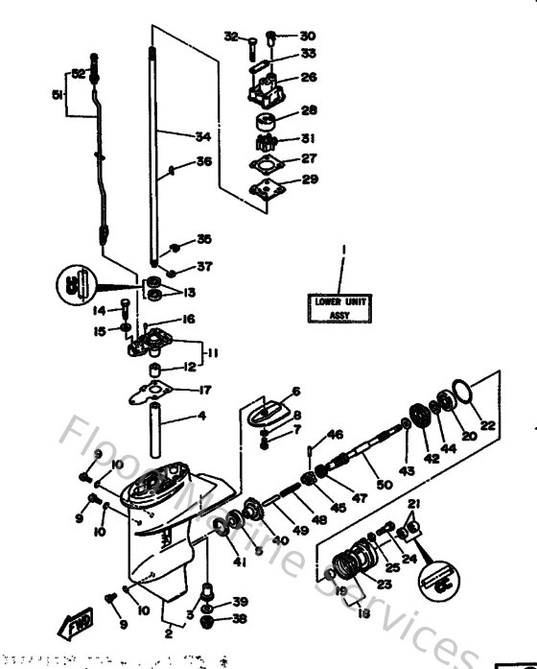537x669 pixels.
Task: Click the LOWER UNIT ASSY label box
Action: [x=340, y=307]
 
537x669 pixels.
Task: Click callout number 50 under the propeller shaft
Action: [x=385, y=487]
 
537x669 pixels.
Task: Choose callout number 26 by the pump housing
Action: [x=309, y=77]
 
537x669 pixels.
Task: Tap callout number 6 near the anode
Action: [x=296, y=391]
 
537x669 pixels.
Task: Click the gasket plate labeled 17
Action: [x=152, y=392]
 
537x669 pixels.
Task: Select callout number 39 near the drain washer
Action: [x=240, y=602]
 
